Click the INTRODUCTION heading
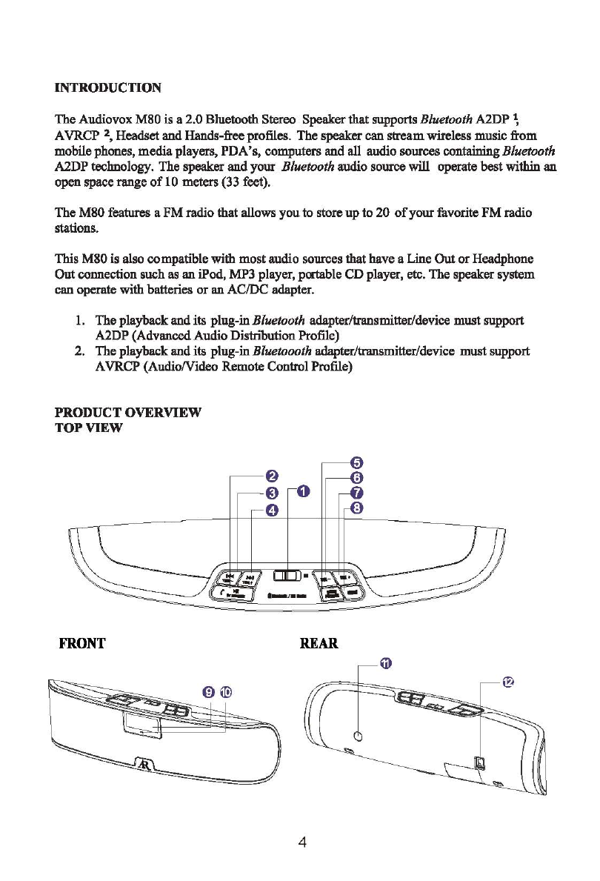tap(108, 88)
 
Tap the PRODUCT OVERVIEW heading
tap(127, 411)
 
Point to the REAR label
tap(319, 642)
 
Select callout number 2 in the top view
tap(272, 476)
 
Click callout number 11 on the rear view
tap(386, 662)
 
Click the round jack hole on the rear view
tap(359, 736)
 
